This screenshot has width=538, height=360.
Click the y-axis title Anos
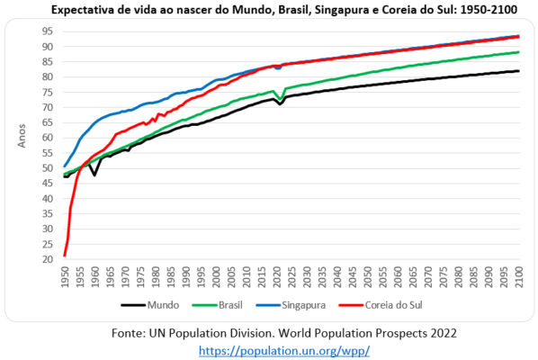[22, 138]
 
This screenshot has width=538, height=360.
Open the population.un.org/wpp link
[271, 349]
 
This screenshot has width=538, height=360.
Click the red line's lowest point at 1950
[65, 255]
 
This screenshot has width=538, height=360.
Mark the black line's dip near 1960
[94, 174]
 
